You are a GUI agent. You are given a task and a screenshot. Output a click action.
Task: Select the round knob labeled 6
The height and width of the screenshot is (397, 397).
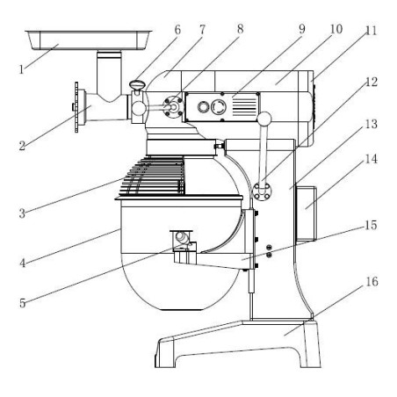point(138,85)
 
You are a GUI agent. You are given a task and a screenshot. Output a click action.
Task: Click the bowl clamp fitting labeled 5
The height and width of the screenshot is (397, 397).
point(182,238)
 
